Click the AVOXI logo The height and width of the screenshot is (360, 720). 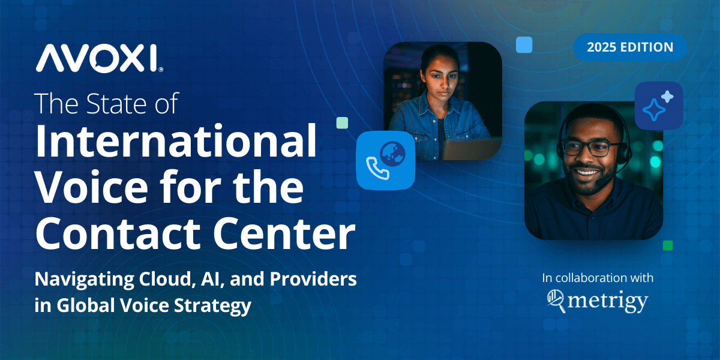[x=100, y=58]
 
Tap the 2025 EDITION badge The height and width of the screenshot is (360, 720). [x=630, y=47]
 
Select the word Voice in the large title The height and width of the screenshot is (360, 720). [x=92, y=187]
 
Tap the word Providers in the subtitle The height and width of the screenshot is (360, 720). [x=313, y=279]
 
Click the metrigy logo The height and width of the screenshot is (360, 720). [x=598, y=301]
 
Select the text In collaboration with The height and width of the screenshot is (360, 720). [x=598, y=278]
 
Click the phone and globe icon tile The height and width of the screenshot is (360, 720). [x=386, y=160]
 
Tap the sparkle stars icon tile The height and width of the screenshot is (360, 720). [x=659, y=106]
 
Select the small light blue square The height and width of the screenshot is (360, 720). [x=524, y=44]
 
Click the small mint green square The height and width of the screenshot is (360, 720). [x=343, y=123]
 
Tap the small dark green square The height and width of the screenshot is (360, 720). [x=668, y=245]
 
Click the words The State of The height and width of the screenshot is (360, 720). [x=107, y=103]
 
